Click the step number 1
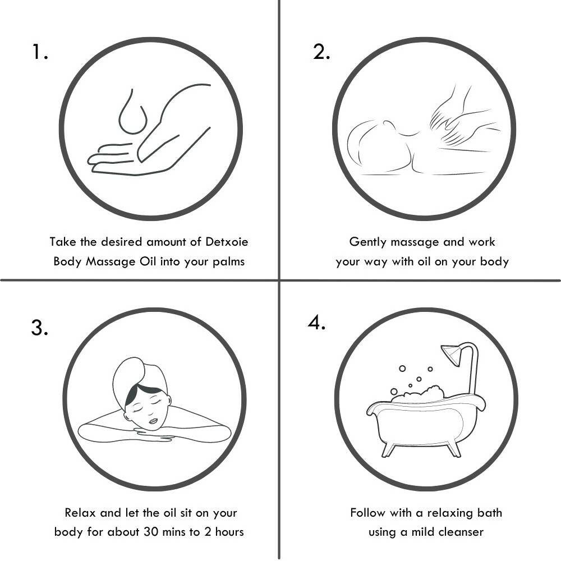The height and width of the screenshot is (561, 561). click(40, 52)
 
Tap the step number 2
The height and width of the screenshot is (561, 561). click(321, 52)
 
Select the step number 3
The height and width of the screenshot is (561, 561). click(39, 328)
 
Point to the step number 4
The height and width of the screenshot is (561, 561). click(316, 323)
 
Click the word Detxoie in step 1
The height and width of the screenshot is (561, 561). click(227, 242)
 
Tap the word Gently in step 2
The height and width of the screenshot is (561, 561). click(368, 242)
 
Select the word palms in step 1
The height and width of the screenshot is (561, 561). click(229, 262)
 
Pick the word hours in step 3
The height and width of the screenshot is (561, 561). click(229, 532)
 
